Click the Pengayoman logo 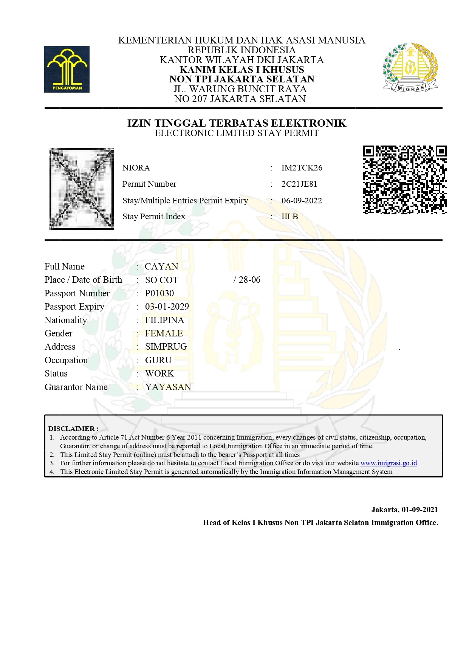[67, 69]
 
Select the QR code [405, 180]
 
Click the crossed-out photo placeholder [82, 189]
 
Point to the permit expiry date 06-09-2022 [302, 201]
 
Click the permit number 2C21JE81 [299, 184]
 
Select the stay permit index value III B [290, 217]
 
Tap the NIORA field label [136, 168]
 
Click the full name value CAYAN [161, 266]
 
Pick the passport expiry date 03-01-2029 [167, 307]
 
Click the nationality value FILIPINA [165, 320]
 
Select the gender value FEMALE [164, 333]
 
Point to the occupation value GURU [158, 360]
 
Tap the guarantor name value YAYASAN [168, 387]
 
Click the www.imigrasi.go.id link [389, 463]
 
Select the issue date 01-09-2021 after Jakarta [419, 510]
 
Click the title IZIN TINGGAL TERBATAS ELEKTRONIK [237, 123]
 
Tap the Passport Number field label [77, 293]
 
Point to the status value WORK [159, 373]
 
